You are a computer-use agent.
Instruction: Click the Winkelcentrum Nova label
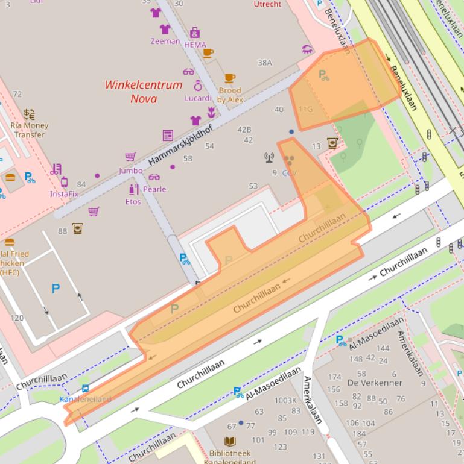tap(143, 92)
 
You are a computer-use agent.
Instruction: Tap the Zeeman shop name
tap(165, 42)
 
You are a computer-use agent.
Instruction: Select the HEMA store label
tap(195, 45)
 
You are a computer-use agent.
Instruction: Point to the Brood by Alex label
tap(230, 95)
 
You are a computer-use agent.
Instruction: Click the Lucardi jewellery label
tap(197, 98)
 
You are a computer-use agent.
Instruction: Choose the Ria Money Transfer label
tap(29, 130)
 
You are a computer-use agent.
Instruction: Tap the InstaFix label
tap(64, 194)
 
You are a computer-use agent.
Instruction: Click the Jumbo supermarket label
tap(130, 171)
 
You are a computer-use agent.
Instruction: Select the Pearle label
tap(154, 189)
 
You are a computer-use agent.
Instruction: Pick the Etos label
tap(133, 202)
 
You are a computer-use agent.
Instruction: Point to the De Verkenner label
tap(375, 383)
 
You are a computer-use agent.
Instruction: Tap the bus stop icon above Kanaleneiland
tap(86, 389)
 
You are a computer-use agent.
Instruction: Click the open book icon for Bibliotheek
tap(229, 442)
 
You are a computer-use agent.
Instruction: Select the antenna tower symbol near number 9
tap(269, 158)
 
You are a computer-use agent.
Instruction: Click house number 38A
tap(265, 63)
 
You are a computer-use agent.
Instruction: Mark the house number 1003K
tap(285, 400)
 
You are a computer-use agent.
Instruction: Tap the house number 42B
tap(244, 130)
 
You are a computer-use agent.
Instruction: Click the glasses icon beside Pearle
tap(154, 177)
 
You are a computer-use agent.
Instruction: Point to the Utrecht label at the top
tap(267, 4)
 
